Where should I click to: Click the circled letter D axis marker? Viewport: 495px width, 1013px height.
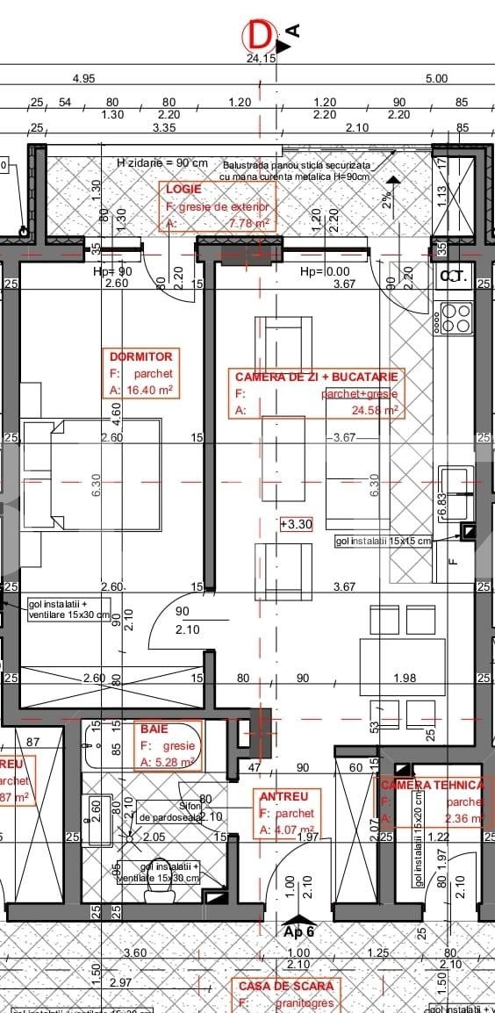[259, 36]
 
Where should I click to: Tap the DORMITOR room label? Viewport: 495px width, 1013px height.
[140, 356]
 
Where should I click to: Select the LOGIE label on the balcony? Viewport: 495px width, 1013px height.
[183, 189]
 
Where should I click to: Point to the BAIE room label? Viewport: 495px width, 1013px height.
[153, 729]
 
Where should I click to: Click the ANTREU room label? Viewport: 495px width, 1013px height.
[282, 796]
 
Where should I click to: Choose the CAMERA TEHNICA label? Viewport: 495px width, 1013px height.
[433, 784]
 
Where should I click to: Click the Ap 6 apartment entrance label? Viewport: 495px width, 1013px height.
[298, 931]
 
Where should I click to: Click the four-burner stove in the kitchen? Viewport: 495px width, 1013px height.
[456, 318]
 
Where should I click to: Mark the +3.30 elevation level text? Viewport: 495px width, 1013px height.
[297, 524]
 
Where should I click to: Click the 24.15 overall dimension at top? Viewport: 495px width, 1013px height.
[262, 59]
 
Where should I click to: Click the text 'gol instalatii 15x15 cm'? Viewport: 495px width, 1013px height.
[384, 542]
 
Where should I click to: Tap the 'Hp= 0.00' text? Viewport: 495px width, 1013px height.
[325, 272]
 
